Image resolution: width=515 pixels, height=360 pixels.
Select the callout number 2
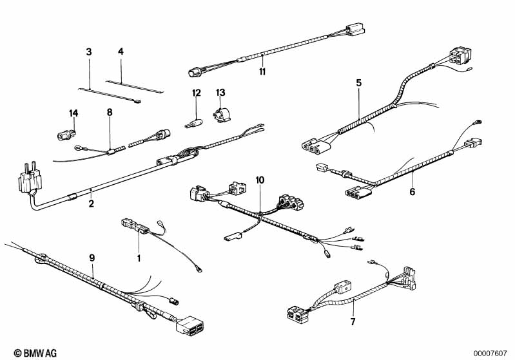pos(92,204)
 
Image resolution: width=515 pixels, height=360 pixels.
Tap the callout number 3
pos(89,51)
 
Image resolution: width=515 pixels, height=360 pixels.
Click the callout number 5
pos(359,82)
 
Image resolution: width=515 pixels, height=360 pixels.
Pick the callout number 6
pos(413,191)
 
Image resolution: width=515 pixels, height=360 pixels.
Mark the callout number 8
pos(110,113)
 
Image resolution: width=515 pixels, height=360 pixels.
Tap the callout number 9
pos(92,258)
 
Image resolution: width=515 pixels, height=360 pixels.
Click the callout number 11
pos(262,71)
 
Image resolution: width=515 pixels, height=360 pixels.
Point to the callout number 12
pos(197,94)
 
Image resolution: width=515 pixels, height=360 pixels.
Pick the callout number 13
pos(220,93)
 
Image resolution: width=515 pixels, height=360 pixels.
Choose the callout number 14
pos(73,113)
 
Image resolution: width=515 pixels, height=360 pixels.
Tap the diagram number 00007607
pos(492,352)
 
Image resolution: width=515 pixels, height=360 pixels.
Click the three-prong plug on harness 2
pos(25,175)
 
